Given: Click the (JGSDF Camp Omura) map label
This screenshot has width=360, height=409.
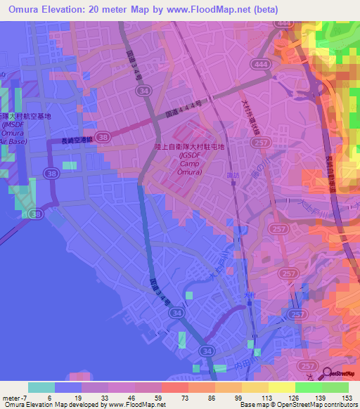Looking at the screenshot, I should [x=191, y=164].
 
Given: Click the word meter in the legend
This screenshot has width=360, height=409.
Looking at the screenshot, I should [x=10, y=396].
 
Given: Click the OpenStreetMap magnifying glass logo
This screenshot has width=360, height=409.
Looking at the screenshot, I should [x=328, y=372].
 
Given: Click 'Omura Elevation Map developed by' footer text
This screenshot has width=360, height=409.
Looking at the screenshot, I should [x=51, y=405].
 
